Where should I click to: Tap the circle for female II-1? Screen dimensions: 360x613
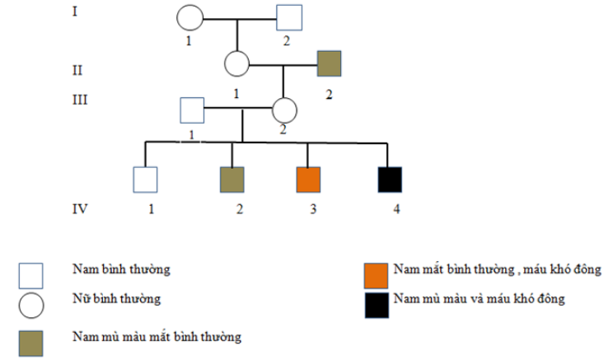pyautogui.click(x=237, y=63)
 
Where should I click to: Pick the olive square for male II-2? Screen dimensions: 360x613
pyautogui.click(x=330, y=63)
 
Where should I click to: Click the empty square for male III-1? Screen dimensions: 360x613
pyautogui.click(x=192, y=109)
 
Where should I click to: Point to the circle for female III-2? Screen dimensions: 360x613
pyautogui.click(x=284, y=110)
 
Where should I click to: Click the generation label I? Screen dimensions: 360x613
pyautogui.click(x=76, y=12)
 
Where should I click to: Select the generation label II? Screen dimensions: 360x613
pyautogui.click(x=78, y=69)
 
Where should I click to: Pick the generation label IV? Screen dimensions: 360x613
pyautogui.click(x=80, y=208)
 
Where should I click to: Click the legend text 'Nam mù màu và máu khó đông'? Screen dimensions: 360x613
pyautogui.click(x=479, y=298)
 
